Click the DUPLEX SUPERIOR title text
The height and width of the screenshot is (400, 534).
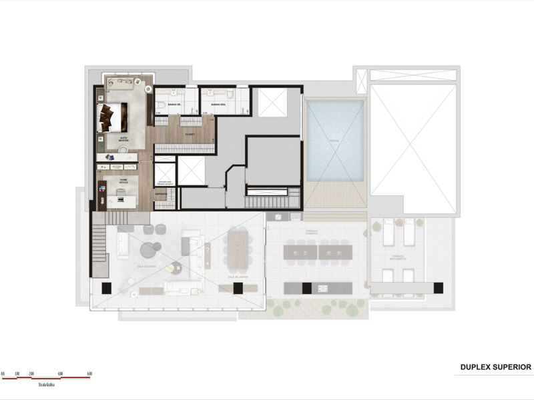(495, 367)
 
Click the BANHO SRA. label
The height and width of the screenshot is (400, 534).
(218, 105)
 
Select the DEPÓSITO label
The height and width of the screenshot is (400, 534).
(161, 194)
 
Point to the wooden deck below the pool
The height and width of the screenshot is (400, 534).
(335, 197)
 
